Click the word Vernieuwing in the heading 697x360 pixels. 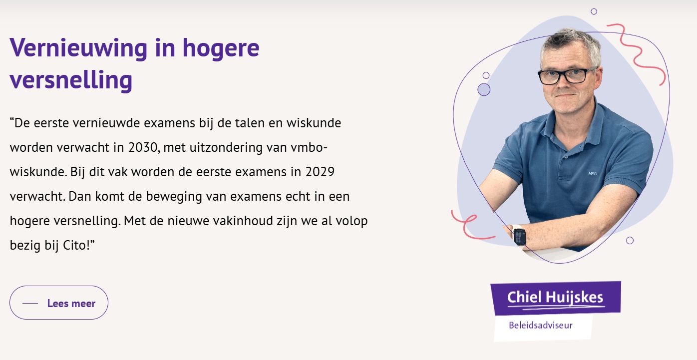click(x=78, y=48)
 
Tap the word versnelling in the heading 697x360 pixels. click(x=71, y=80)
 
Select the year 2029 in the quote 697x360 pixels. click(x=320, y=172)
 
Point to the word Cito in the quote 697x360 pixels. click(x=75, y=245)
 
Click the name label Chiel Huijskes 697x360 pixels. click(x=555, y=298)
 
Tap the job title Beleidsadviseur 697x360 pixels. click(x=541, y=325)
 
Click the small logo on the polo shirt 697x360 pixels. click(x=593, y=173)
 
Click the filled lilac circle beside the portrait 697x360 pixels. click(x=484, y=89)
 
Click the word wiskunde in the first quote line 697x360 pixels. click(x=314, y=123)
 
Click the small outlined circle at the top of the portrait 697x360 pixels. click(x=594, y=11)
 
